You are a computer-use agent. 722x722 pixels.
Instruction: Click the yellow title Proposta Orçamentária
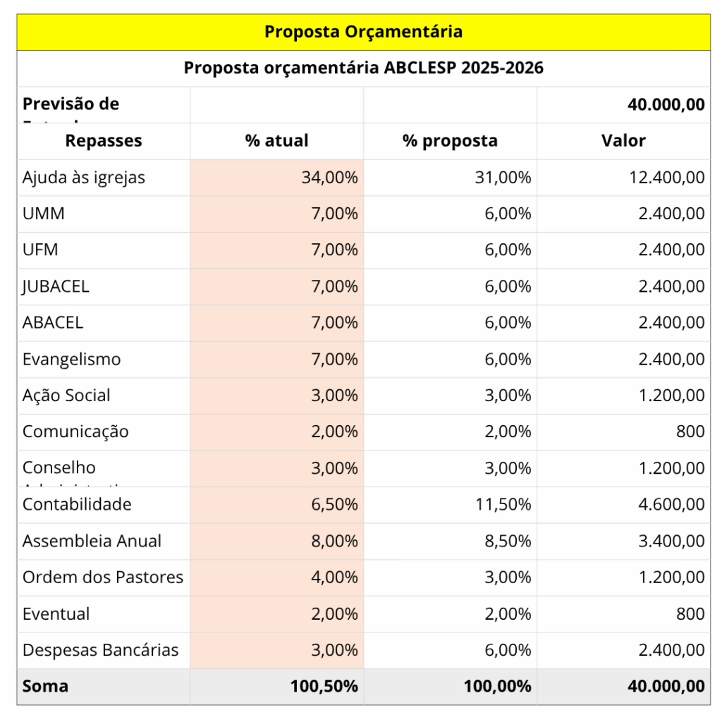[363, 32]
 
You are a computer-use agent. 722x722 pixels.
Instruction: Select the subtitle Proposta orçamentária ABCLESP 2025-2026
[363, 68]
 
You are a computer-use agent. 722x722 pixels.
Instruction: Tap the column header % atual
[276, 140]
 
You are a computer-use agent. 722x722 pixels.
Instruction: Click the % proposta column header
[450, 140]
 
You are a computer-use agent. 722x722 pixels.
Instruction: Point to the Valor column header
[623, 140]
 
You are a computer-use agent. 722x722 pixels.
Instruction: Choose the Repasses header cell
[104, 140]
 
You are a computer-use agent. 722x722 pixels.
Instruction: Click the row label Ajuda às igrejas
[84, 177]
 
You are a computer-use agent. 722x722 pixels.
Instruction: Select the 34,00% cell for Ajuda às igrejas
[329, 177]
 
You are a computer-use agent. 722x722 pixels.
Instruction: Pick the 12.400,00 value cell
[666, 177]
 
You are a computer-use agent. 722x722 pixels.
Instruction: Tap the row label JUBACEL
[56, 286]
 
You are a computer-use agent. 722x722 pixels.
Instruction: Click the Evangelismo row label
[71, 359]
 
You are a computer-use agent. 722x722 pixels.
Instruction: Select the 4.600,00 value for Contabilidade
[671, 504]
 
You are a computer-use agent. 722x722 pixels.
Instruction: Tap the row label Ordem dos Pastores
[103, 577]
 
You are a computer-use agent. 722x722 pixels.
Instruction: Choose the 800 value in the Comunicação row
[690, 432]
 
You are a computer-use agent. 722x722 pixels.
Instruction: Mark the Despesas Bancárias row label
[101, 650]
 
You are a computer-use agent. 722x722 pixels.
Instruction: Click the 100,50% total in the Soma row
[324, 686]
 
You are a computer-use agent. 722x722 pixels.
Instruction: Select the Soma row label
[45, 686]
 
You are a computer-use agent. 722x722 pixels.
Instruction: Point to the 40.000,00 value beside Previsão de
[666, 104]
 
